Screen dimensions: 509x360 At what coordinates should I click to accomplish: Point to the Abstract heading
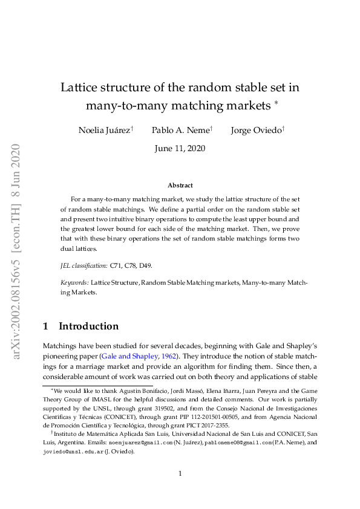180,186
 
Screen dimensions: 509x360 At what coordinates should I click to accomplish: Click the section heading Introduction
88,326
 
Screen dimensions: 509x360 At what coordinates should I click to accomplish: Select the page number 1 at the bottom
180,473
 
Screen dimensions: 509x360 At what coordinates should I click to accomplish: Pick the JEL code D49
145,265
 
